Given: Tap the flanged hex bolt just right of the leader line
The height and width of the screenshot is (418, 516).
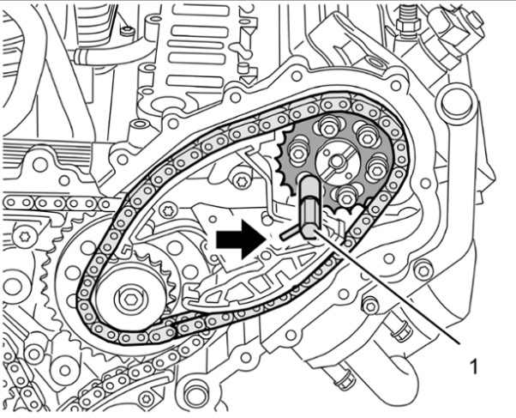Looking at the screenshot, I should coord(369,305).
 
